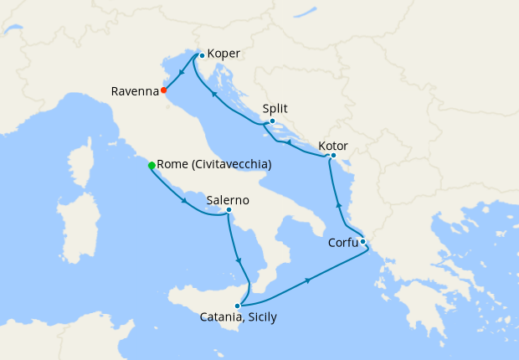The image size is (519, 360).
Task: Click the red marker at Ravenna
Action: click(164, 90)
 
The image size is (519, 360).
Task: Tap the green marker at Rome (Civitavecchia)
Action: click(152, 166)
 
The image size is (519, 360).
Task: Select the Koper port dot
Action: click(202, 56)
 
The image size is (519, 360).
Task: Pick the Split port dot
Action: click(272, 121)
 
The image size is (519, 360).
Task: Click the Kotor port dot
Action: click(333, 155)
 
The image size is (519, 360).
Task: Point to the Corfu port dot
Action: click(362, 242)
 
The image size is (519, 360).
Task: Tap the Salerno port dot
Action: click(229, 210)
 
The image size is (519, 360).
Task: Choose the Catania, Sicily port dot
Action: click(238, 306)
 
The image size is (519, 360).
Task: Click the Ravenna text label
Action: click(135, 91)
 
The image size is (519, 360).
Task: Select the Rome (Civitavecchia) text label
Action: click(214, 165)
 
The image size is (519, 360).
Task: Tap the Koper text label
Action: click(224, 54)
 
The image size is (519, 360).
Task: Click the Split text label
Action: click(275, 108)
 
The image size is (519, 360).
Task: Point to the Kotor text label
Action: click(333, 147)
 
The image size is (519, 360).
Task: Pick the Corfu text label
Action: click(342, 244)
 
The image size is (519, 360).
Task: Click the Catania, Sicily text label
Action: click(239, 317)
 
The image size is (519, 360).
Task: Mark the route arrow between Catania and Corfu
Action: click(309, 279)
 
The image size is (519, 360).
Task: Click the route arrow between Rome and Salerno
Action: click(184, 202)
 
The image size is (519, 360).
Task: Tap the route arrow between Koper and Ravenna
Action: click(182, 73)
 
